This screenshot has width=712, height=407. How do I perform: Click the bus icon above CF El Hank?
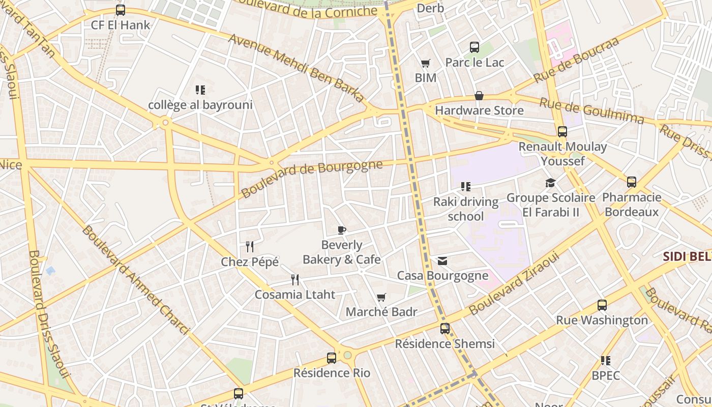tap(121, 10)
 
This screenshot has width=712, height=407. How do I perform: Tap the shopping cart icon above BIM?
tap(426, 64)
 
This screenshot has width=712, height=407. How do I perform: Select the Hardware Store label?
tap(479, 110)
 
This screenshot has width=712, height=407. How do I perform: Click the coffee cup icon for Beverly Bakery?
tap(342, 230)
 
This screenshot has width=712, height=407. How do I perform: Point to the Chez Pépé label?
tap(250, 262)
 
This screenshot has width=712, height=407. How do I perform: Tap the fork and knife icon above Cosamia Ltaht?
tap(295, 279)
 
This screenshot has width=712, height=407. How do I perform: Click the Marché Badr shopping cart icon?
tap(381, 297)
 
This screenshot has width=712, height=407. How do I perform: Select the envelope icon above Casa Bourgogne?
tap(442, 261)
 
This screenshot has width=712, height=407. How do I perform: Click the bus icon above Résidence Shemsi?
tap(445, 329)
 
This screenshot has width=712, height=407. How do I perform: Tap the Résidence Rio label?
tap(332, 373)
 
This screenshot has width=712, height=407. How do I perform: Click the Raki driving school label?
tap(465, 209)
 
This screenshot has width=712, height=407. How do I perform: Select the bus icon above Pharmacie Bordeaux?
tap(632, 182)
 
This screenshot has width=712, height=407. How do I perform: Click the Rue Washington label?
tap(602, 321)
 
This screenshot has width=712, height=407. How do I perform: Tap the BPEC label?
tap(605, 375)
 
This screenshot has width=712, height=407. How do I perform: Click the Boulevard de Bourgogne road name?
tap(311, 179)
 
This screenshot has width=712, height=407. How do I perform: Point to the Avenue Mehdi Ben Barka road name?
tap(296, 68)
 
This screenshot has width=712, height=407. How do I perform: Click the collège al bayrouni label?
tap(200, 105)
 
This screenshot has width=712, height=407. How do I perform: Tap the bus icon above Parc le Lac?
tap(474, 47)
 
